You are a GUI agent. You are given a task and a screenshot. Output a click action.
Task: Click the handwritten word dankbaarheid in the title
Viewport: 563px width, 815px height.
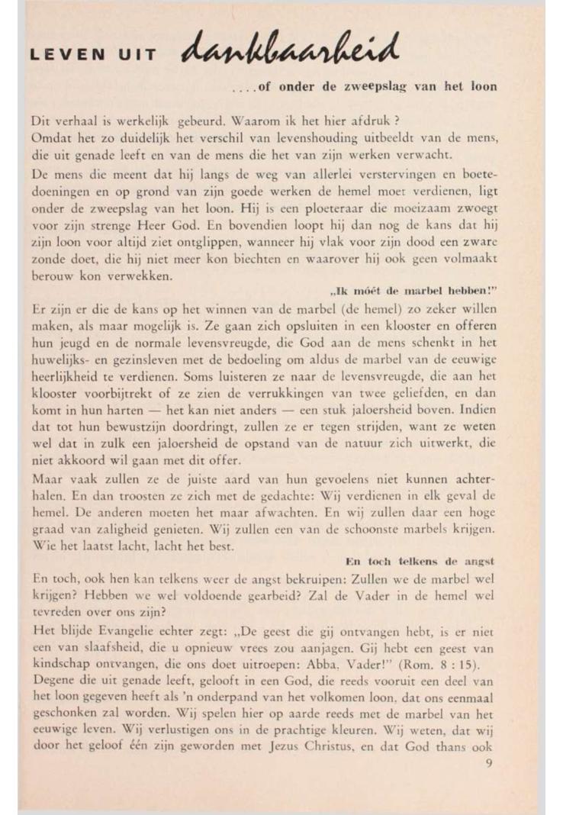(x=290, y=50)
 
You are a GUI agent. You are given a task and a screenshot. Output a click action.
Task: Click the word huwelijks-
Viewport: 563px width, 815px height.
(x=63, y=360)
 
